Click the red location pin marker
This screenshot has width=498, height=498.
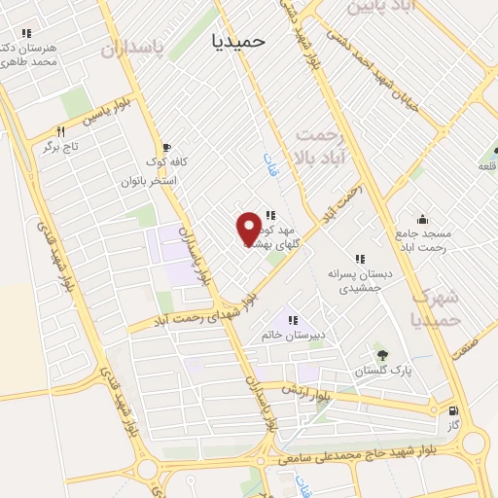tap(250, 228)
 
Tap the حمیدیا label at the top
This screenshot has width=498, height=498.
tap(244, 42)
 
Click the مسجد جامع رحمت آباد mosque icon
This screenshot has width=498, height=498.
tap(421, 219)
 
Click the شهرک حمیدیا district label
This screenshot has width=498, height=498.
tap(434, 306)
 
